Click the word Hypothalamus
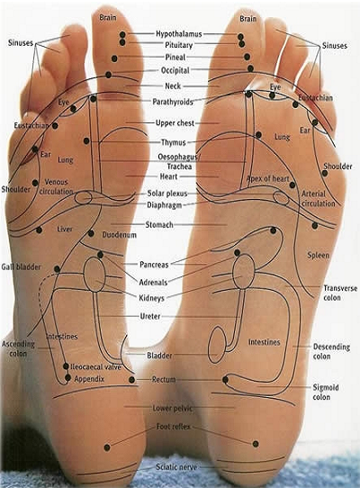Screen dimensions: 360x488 click(179, 33)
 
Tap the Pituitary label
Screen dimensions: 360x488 click(178, 45)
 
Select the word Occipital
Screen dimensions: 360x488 click(175, 70)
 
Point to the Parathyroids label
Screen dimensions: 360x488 click(173, 102)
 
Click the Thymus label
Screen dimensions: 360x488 click(174, 142)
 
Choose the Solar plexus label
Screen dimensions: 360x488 click(167, 194)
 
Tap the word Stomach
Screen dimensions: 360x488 click(159, 224)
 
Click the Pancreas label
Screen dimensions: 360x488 click(154, 265)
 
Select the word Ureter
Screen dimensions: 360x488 click(150, 316)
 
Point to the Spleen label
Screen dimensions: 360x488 click(318, 256)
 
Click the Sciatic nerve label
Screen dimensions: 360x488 click(176, 466)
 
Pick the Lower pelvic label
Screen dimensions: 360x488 click(173, 408)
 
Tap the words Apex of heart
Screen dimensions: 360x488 click(268, 178)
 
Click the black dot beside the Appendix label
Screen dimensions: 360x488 click(67, 378)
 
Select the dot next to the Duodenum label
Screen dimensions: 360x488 click(91, 233)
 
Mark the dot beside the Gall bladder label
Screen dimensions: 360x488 click(57, 269)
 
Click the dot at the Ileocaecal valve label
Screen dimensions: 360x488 click(66, 366)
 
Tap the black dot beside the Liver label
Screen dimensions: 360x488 click(39, 230)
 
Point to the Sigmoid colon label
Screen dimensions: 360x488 click(326, 393)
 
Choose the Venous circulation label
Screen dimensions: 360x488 click(56, 186)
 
